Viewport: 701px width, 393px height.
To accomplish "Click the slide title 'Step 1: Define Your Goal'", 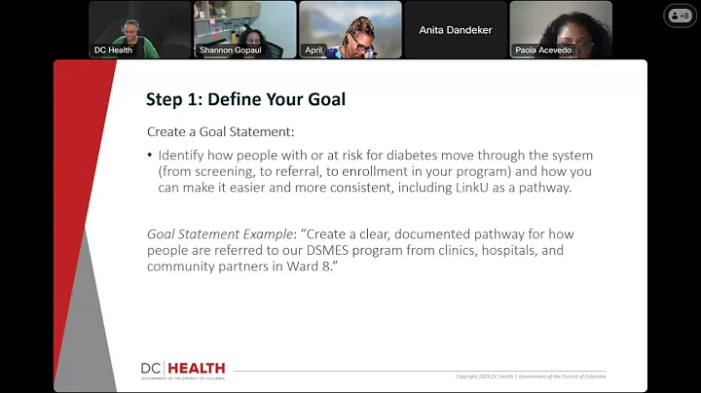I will click(x=245, y=98).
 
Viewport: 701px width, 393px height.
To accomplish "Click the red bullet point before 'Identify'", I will click(x=150, y=156).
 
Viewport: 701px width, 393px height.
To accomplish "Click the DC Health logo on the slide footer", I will click(x=183, y=369).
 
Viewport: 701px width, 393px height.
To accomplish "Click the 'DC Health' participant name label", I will click(x=113, y=50).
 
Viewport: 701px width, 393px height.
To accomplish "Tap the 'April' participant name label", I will click(x=314, y=50).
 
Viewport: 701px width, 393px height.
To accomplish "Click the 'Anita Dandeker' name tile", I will click(x=456, y=30).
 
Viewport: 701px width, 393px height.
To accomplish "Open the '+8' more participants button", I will click(x=681, y=16).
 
